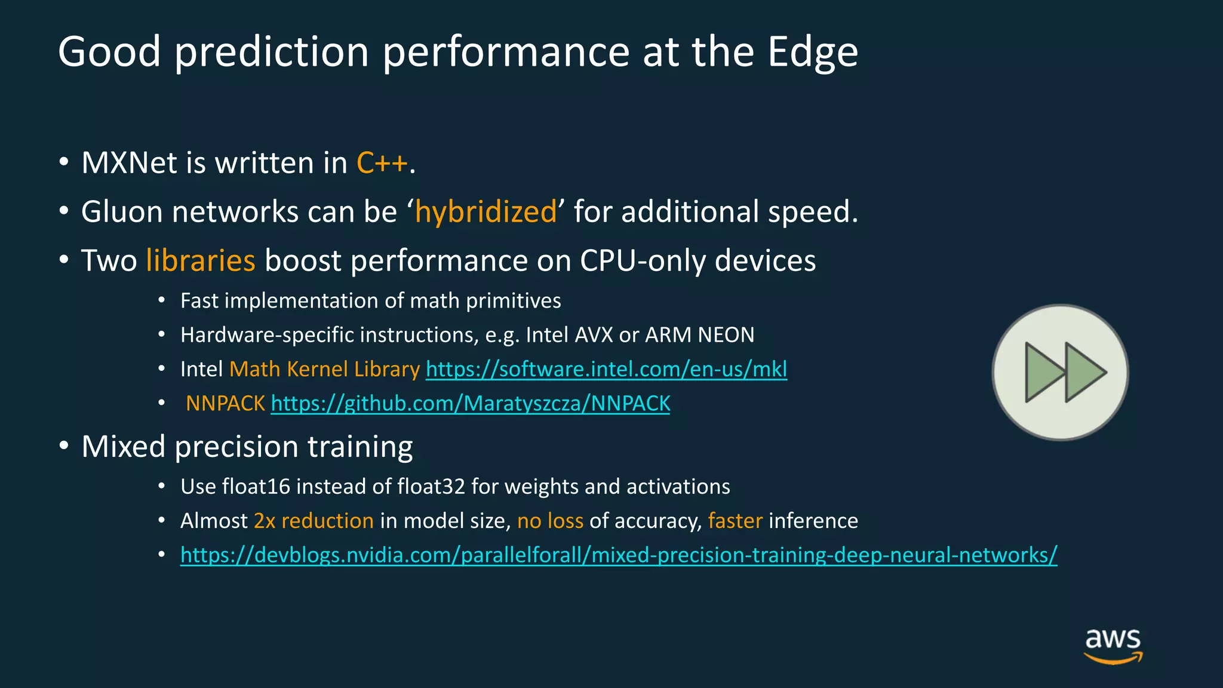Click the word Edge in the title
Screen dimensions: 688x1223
(x=813, y=53)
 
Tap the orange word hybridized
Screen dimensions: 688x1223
(x=485, y=212)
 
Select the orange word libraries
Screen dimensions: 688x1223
(x=200, y=261)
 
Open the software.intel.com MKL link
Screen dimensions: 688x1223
(x=606, y=369)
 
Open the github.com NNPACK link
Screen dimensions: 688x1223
(x=471, y=404)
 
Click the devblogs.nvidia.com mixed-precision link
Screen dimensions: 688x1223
(x=619, y=555)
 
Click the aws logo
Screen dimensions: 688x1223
(x=1113, y=644)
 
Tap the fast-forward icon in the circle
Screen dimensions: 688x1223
(x=1061, y=373)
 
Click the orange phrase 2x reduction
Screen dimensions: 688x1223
(x=314, y=521)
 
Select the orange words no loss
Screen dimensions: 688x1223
(x=550, y=521)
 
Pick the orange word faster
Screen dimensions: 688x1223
(x=735, y=521)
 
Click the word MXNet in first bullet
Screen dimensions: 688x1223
(x=130, y=163)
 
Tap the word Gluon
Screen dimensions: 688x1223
(x=122, y=212)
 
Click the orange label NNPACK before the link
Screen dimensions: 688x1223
(x=225, y=404)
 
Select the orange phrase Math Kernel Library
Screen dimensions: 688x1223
(x=324, y=369)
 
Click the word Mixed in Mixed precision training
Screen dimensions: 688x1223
(x=123, y=447)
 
